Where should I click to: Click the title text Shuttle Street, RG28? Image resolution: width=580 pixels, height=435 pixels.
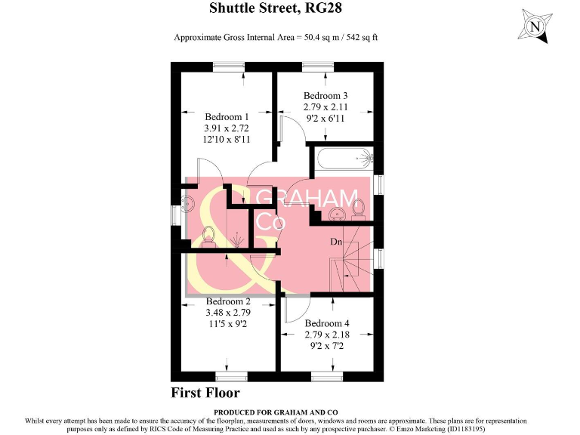[289, 9]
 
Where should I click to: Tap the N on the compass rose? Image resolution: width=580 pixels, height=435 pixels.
[536, 27]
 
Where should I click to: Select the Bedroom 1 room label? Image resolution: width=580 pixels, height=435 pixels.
[227, 117]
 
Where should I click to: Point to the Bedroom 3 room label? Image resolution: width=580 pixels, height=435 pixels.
[325, 96]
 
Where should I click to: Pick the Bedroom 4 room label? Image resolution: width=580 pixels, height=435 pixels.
[326, 323]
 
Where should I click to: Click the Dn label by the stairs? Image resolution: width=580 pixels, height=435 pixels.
[337, 242]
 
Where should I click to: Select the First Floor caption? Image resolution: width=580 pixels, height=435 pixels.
[205, 393]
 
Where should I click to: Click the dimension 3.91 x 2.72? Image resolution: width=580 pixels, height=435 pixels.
[227, 128]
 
